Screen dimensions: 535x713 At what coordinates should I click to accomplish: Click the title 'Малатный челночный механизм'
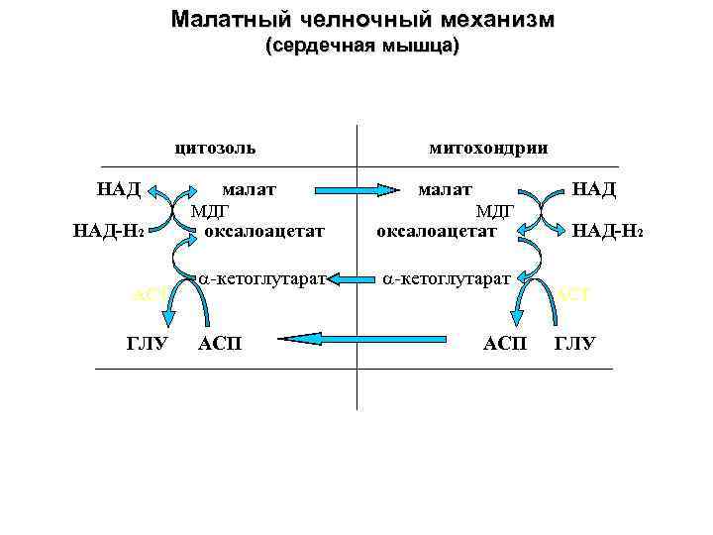pos(362,20)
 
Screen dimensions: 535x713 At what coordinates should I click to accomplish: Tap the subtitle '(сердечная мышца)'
pos(362,47)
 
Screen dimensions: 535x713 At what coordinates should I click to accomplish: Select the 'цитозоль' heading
pos(214,148)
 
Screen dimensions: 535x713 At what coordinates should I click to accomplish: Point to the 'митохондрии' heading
pos(488,148)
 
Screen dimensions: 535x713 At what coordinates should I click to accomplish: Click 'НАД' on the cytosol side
pos(119,188)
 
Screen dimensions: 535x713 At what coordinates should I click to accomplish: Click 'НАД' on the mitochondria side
pos(594,188)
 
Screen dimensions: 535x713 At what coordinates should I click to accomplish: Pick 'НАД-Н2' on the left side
pos(110,232)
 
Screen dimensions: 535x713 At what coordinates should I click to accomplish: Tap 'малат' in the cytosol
pos(249,188)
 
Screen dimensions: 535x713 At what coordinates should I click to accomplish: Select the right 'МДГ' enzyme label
pos(493,210)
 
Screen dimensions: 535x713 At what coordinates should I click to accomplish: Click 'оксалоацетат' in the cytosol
pos(264,232)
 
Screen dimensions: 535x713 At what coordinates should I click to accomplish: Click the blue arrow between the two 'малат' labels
pos(348,188)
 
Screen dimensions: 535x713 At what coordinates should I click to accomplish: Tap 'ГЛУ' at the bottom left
pos(148,344)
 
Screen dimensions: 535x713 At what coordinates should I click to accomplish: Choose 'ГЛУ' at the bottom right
pos(574,344)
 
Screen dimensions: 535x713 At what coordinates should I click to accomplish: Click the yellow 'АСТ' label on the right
pos(572,294)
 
